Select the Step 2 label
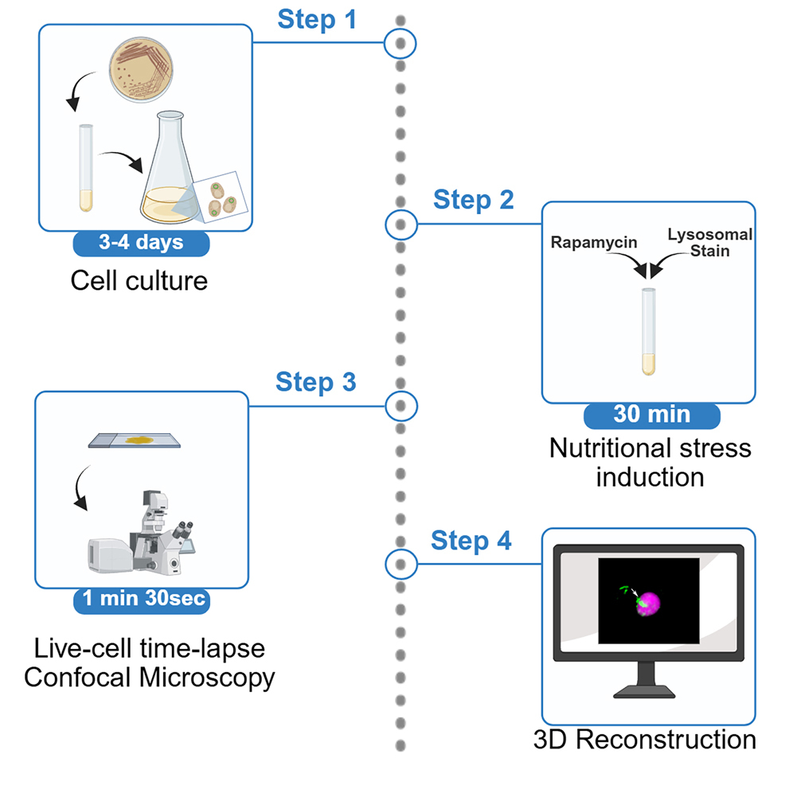(473, 200)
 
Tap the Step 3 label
(315, 382)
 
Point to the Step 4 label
(471, 541)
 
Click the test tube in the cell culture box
(86, 168)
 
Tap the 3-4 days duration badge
(141, 244)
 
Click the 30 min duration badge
(651, 415)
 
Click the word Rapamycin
(594, 243)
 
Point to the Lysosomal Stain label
(710, 243)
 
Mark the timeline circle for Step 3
(400, 406)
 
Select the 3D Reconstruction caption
(644, 739)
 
